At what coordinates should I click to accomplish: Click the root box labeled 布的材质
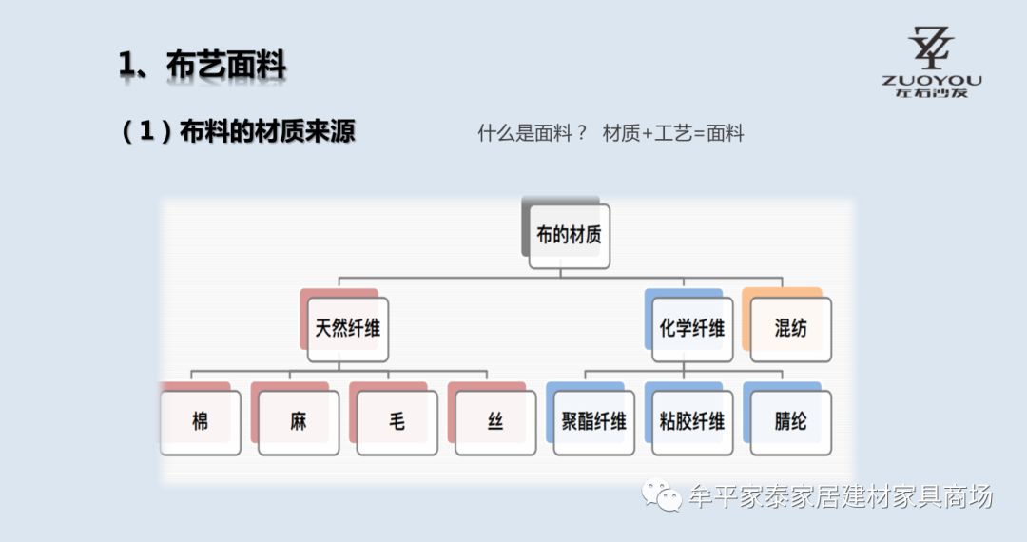[569, 235]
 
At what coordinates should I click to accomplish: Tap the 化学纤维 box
[692, 328]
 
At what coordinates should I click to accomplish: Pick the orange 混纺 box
[790, 328]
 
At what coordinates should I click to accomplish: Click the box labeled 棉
[200, 421]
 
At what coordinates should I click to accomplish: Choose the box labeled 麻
[299, 421]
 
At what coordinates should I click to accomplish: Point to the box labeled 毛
[397, 421]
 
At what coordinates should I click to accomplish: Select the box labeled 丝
[495, 421]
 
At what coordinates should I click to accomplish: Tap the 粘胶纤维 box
[692, 421]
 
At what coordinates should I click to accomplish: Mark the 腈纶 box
[790, 421]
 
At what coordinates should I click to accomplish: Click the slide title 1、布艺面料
[202, 65]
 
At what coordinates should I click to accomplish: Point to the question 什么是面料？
[533, 133]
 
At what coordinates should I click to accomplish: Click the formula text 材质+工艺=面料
[673, 133]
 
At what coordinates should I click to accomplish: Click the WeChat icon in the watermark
[662, 495]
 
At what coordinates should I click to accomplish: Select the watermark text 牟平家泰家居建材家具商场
[841, 496]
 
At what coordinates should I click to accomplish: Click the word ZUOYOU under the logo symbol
[932, 81]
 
